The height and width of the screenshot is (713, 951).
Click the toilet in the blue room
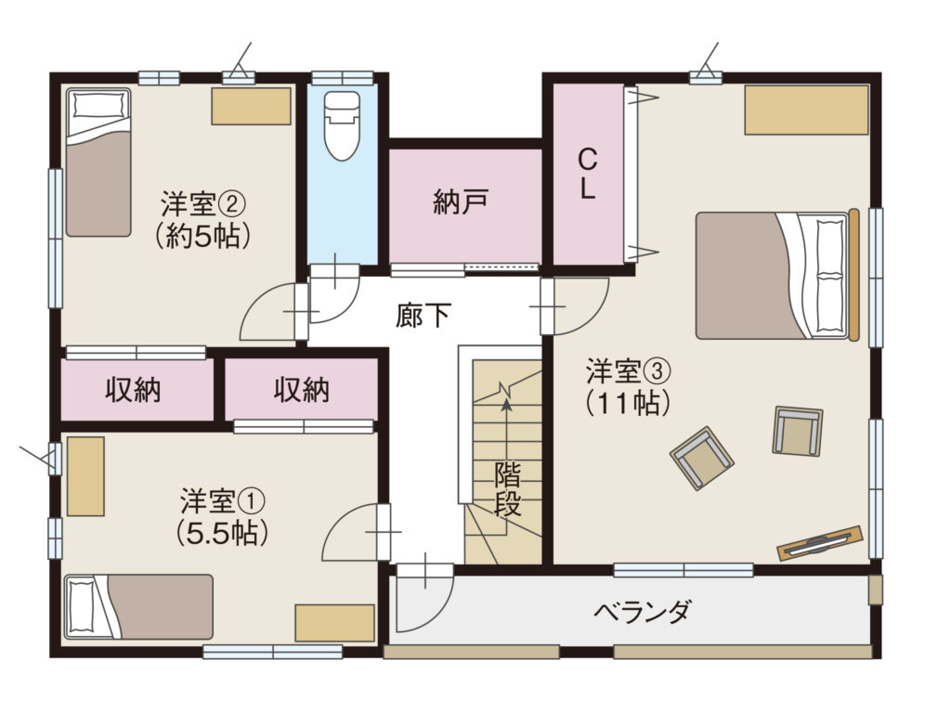click(x=342, y=125)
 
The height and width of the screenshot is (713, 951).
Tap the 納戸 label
click(x=461, y=201)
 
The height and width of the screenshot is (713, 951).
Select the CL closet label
click(x=587, y=175)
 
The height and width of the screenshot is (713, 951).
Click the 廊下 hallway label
click(x=423, y=316)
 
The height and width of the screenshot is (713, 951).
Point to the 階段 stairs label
click(x=507, y=488)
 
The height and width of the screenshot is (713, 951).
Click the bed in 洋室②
click(x=98, y=162)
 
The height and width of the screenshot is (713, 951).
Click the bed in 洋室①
click(x=139, y=607)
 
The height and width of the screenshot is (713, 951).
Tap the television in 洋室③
click(x=819, y=541)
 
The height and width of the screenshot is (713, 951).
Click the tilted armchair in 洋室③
click(x=702, y=458)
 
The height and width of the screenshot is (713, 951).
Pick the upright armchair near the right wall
click(x=798, y=431)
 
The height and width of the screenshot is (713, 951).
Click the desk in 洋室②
click(x=251, y=106)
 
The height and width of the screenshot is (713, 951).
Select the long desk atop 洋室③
click(x=807, y=110)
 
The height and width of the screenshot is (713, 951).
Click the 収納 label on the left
click(x=134, y=389)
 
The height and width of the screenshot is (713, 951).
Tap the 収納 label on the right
click(x=302, y=389)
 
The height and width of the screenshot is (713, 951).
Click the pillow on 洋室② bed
click(x=98, y=104)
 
